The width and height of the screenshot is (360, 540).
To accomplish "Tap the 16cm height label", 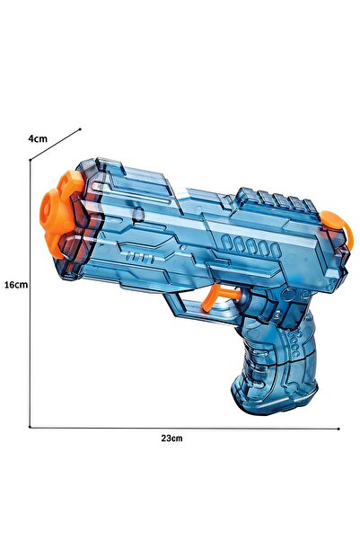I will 15,284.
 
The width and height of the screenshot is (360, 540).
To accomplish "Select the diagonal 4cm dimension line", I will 56,146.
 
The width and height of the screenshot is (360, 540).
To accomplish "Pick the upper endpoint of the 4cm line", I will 81,128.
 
